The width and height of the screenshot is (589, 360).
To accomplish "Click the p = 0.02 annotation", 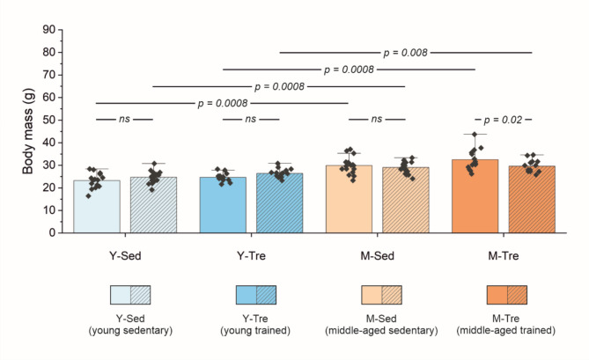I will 504,119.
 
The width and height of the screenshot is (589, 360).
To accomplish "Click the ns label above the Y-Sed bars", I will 124,119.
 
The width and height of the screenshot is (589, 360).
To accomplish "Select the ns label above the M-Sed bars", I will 377,119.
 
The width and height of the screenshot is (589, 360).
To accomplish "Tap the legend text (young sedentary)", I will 124,331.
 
